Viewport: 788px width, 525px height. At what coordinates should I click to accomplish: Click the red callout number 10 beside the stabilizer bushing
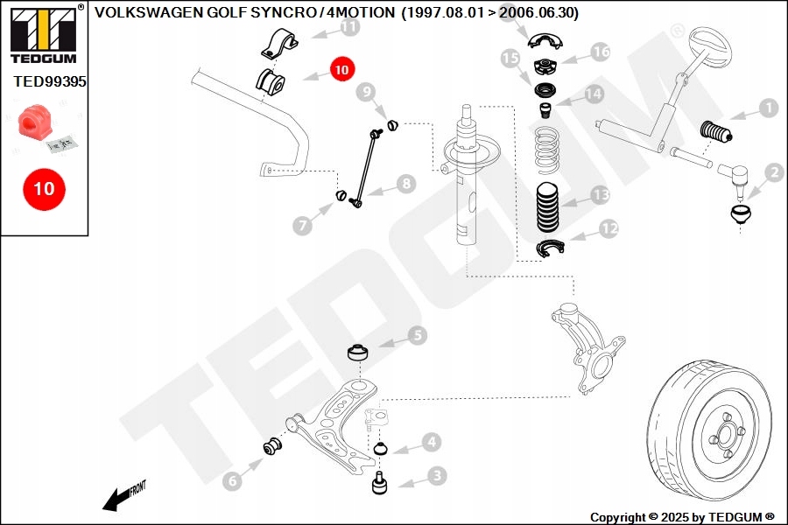pyautogui.click(x=341, y=67)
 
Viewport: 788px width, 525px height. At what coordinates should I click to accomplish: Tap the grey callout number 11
pyautogui.click(x=349, y=27)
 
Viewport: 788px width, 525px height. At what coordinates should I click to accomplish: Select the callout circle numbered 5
pyautogui.click(x=416, y=334)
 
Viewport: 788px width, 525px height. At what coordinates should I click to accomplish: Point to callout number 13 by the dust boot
pyautogui.click(x=599, y=194)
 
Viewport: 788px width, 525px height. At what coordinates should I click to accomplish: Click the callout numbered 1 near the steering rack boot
pyautogui.click(x=767, y=108)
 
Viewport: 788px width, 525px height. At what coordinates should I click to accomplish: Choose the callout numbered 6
pyautogui.click(x=231, y=479)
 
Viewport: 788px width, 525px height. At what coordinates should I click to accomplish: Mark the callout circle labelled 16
pyautogui.click(x=600, y=52)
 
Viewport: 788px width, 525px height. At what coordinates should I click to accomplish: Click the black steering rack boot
pyautogui.click(x=718, y=133)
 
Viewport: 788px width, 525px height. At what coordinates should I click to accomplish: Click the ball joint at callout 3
pyautogui.click(x=381, y=484)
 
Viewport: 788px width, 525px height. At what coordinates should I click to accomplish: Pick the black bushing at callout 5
pyautogui.click(x=356, y=352)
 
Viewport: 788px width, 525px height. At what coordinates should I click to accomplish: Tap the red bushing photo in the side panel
pyautogui.click(x=34, y=124)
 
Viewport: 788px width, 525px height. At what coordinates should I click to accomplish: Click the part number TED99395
pyautogui.click(x=49, y=81)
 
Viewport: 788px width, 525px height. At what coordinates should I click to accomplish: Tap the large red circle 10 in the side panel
pyautogui.click(x=44, y=188)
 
